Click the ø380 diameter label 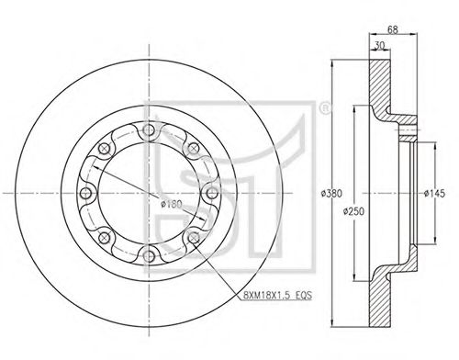pyautogui.click(x=331, y=193)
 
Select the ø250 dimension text pyautogui.click(x=353, y=211)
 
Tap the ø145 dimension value pyautogui.click(x=434, y=194)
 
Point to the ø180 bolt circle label pyautogui.click(x=172, y=204)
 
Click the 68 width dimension pyautogui.click(x=393, y=29)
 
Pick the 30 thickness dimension pyautogui.click(x=379, y=45)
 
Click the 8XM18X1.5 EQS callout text pyautogui.click(x=277, y=295)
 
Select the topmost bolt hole pyautogui.click(x=149, y=130)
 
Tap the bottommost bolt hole pyautogui.click(x=149, y=256)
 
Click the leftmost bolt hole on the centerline pyautogui.click(x=85, y=193)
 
